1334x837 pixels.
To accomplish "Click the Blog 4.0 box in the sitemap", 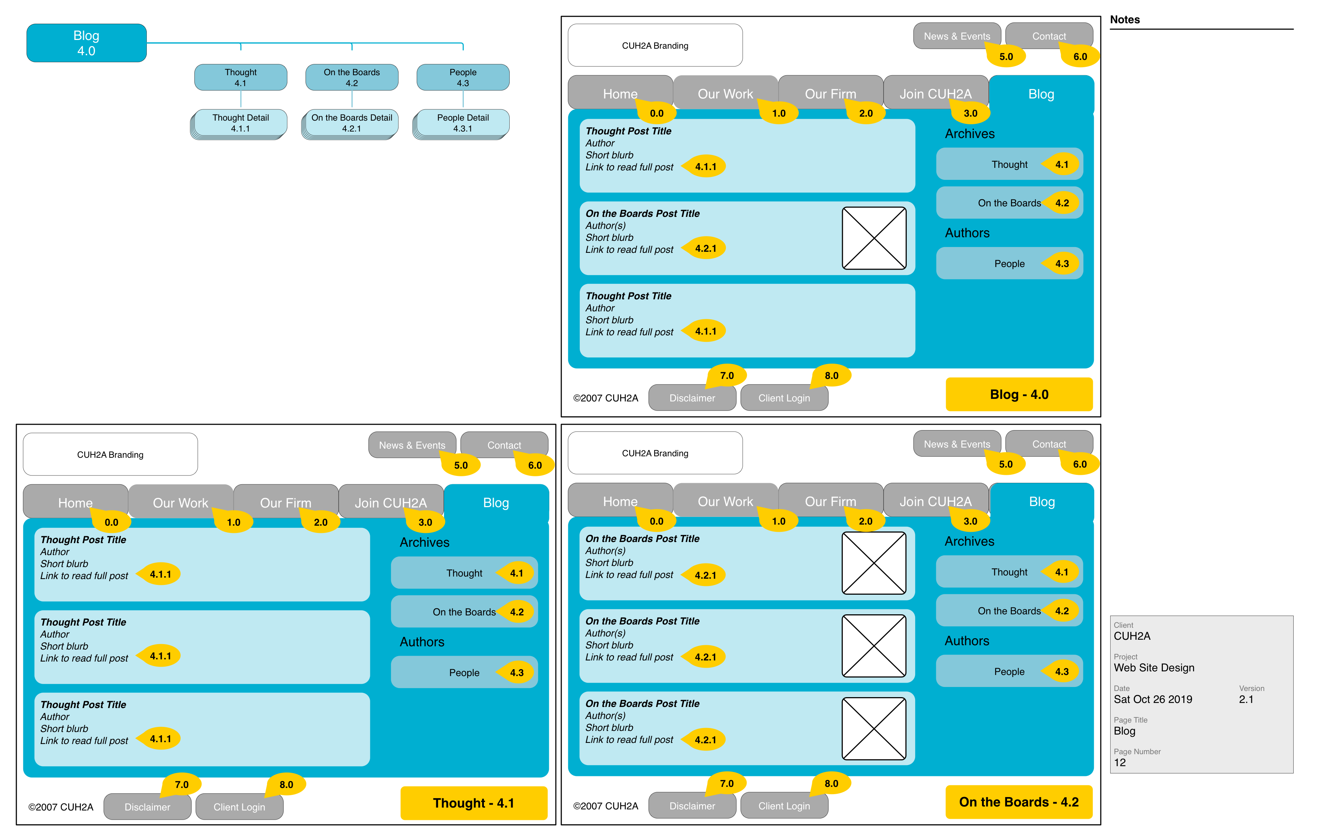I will (86, 43).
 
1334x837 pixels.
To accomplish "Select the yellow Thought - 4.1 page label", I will (473, 803).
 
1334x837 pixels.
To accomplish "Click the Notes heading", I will (1124, 20).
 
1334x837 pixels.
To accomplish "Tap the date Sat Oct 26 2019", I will (1152, 699).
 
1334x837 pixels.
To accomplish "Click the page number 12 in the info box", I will (1119, 762).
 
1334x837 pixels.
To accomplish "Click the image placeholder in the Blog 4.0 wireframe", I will (873, 238).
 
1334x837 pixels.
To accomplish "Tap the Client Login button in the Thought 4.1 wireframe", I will (239, 806).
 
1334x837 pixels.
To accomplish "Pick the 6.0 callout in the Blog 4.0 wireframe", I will (1079, 56).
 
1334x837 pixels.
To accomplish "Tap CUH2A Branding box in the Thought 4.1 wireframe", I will (110, 454).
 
